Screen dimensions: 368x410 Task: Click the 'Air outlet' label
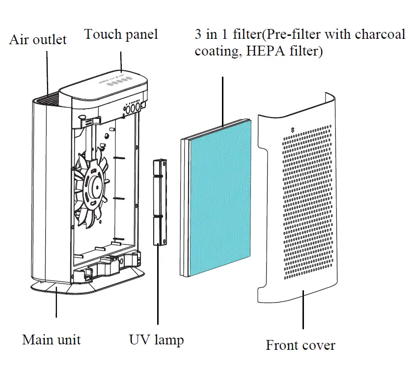click(x=38, y=39)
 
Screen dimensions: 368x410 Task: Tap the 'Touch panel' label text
click(x=121, y=34)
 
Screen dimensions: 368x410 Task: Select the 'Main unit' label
click(x=51, y=340)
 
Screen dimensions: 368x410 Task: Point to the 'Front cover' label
click(x=301, y=345)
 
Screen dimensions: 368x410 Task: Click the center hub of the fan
click(x=94, y=186)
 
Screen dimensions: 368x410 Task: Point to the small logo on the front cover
click(x=293, y=129)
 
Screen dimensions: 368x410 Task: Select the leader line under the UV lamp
click(x=158, y=285)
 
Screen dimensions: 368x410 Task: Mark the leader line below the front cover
click(x=303, y=310)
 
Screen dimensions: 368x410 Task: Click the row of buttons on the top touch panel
click(x=118, y=82)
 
